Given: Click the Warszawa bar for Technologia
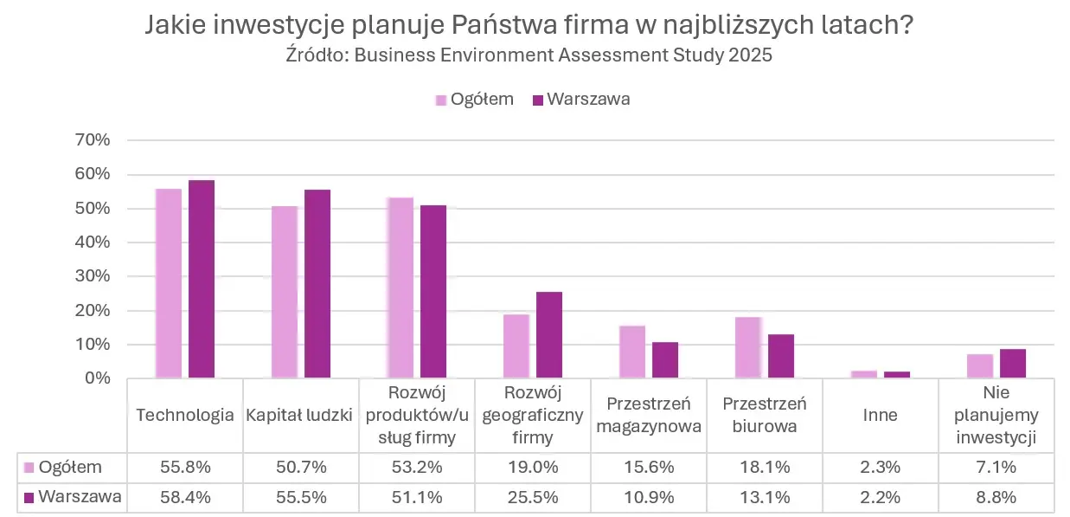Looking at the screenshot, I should click(x=202, y=279).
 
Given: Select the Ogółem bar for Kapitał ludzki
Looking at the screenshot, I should click(x=285, y=292).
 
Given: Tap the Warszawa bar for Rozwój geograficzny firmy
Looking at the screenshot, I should click(x=549, y=335).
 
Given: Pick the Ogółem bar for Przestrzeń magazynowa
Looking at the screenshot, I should click(x=632, y=352).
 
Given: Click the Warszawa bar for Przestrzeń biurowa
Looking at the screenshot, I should click(x=781, y=356).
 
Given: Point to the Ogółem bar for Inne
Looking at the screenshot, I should click(x=864, y=374).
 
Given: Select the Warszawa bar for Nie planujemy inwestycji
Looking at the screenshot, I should click(x=1013, y=364).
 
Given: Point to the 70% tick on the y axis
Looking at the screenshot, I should click(x=93, y=140).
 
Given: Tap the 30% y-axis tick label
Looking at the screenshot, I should click(x=93, y=276).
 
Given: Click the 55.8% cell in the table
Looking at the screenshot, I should click(x=184, y=468).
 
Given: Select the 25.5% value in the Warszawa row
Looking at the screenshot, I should click(x=532, y=497).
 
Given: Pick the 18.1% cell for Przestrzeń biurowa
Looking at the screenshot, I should click(x=764, y=468).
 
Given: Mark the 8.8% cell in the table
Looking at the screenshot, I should click(x=996, y=497).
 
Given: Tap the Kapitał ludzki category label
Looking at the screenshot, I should click(x=300, y=415).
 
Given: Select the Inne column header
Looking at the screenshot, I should click(x=880, y=415).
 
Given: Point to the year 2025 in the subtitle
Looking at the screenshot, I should click(x=751, y=55).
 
